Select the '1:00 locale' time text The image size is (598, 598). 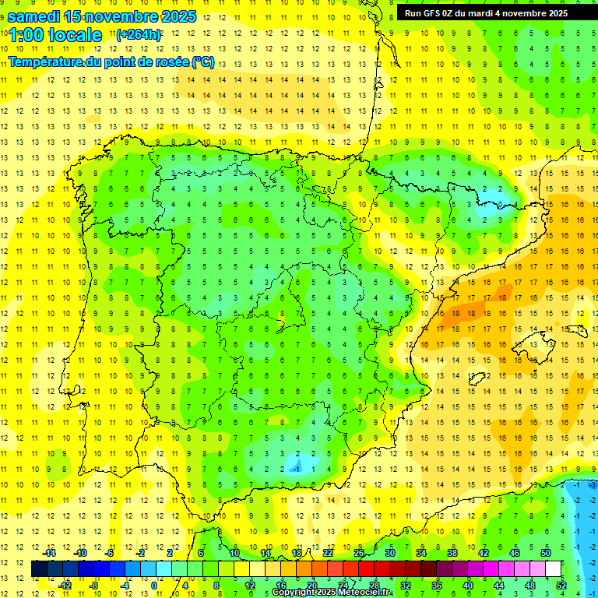click(55, 35)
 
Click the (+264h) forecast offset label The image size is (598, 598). click(139, 35)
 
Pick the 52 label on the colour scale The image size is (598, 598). click(561, 586)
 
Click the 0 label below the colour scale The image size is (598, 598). click(153, 586)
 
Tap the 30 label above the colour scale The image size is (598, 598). click(389, 553)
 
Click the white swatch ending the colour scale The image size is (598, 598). click(553, 569)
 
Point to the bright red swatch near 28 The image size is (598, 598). click(366, 569)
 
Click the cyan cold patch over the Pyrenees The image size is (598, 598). click(495, 207)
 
